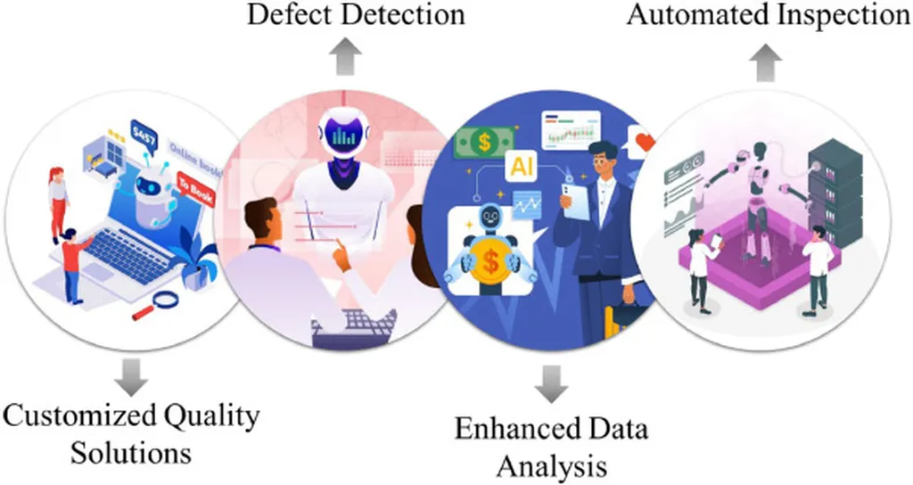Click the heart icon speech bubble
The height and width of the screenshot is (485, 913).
[x=644, y=140]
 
